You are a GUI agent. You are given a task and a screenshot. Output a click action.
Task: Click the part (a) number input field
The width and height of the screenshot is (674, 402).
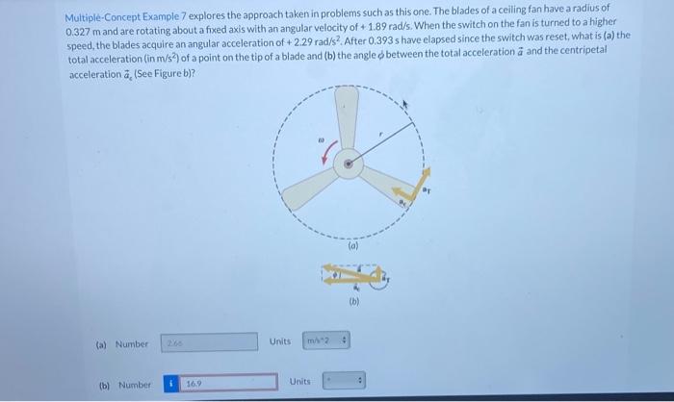[x=208, y=342]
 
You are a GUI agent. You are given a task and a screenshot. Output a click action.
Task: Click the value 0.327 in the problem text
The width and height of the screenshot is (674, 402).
[x=81, y=33]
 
